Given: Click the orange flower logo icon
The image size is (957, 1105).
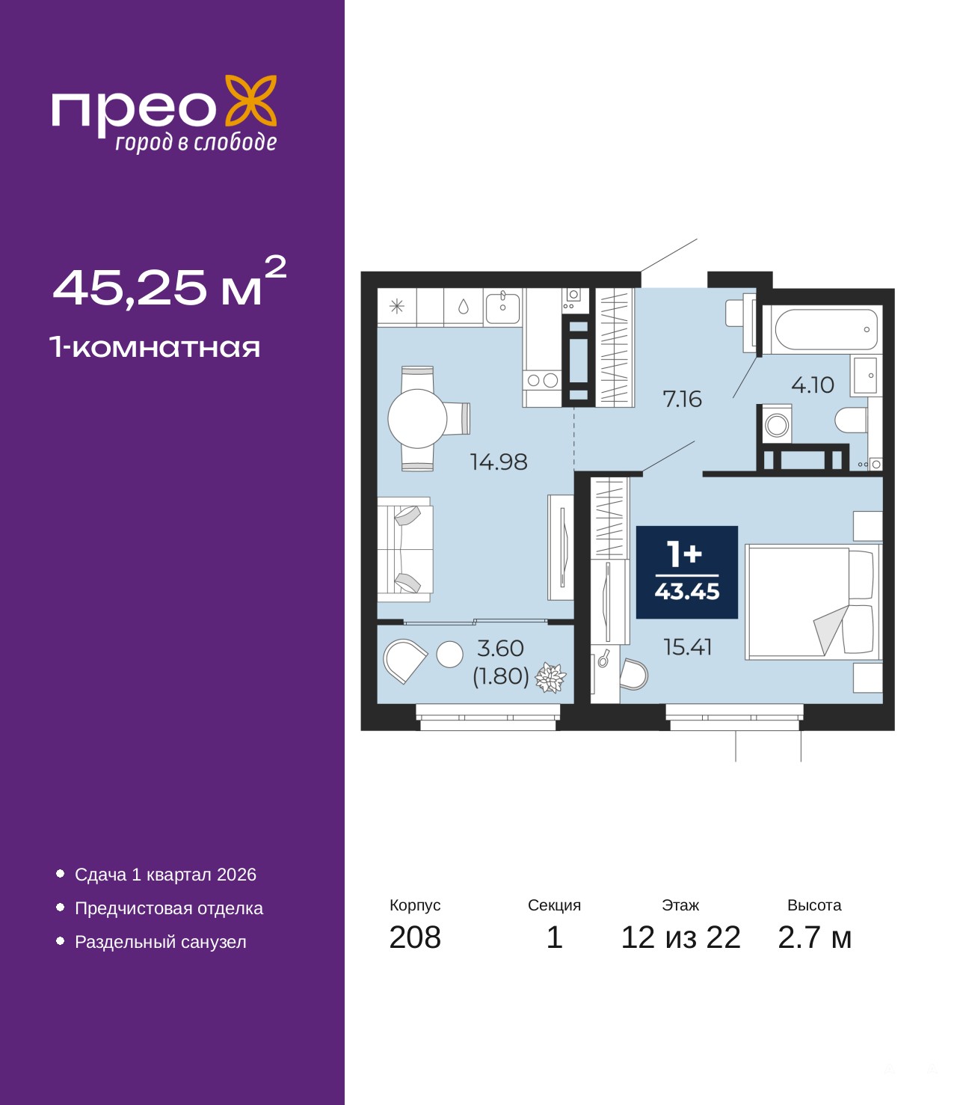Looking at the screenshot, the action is tap(250, 102).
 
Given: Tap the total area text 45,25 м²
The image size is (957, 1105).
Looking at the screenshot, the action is tap(170, 282).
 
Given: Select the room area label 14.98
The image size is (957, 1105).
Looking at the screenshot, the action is tap(499, 462).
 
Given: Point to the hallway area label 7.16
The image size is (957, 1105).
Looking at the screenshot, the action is tap(682, 399).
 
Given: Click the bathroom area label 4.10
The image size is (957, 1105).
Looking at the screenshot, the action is tap(812, 385).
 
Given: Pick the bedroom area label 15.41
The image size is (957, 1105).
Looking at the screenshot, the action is tap(688, 647).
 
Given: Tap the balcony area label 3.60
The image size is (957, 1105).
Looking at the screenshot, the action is tap(500, 649).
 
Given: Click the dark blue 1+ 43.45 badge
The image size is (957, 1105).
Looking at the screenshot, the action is tap(686, 572).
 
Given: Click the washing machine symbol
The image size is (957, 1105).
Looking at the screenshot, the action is tap(776, 425).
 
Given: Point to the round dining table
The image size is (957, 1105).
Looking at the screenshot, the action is tap(417, 419).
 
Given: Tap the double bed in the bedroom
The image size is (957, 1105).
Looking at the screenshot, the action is tap(813, 602).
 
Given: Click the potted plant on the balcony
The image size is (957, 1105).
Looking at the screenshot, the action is tap(550, 677).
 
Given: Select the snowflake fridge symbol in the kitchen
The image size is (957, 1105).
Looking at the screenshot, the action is tap(396, 307).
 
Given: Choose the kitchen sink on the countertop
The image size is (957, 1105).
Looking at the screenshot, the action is tap(502, 307).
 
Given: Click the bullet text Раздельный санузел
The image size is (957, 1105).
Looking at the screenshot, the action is tap(160, 942).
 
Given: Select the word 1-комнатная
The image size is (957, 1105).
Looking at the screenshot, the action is tap(155, 347).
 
